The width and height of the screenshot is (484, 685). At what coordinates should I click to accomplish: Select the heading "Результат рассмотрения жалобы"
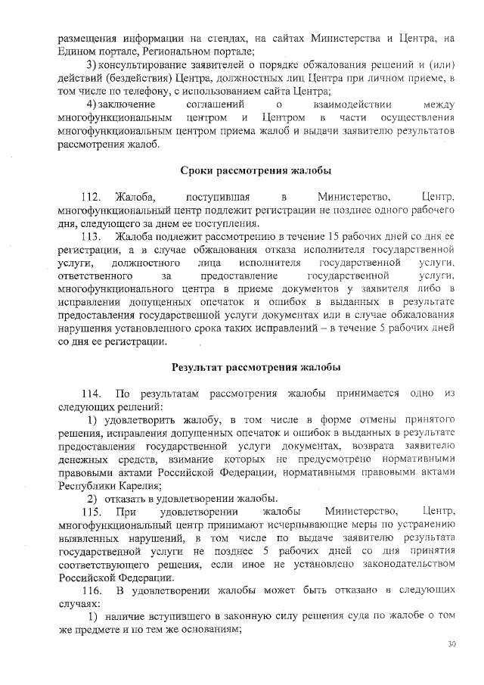pos(256,367)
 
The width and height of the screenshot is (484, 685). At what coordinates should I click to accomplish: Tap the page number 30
pos(452,643)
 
